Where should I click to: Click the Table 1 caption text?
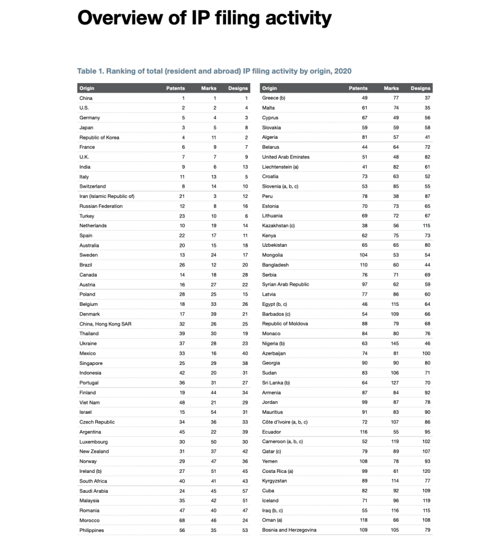click(x=214, y=71)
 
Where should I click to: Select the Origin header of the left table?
click(x=87, y=88)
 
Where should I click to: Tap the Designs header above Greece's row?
click(x=421, y=88)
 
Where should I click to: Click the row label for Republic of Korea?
click(x=99, y=137)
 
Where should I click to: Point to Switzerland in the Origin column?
click(x=92, y=187)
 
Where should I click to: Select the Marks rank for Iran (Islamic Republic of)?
click(x=213, y=196)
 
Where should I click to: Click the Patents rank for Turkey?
click(x=182, y=216)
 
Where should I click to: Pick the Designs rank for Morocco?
click(x=244, y=520)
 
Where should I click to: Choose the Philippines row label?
click(x=92, y=530)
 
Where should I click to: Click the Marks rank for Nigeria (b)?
click(x=395, y=343)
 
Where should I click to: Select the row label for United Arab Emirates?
click(x=286, y=157)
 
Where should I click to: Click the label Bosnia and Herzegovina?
click(x=289, y=530)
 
